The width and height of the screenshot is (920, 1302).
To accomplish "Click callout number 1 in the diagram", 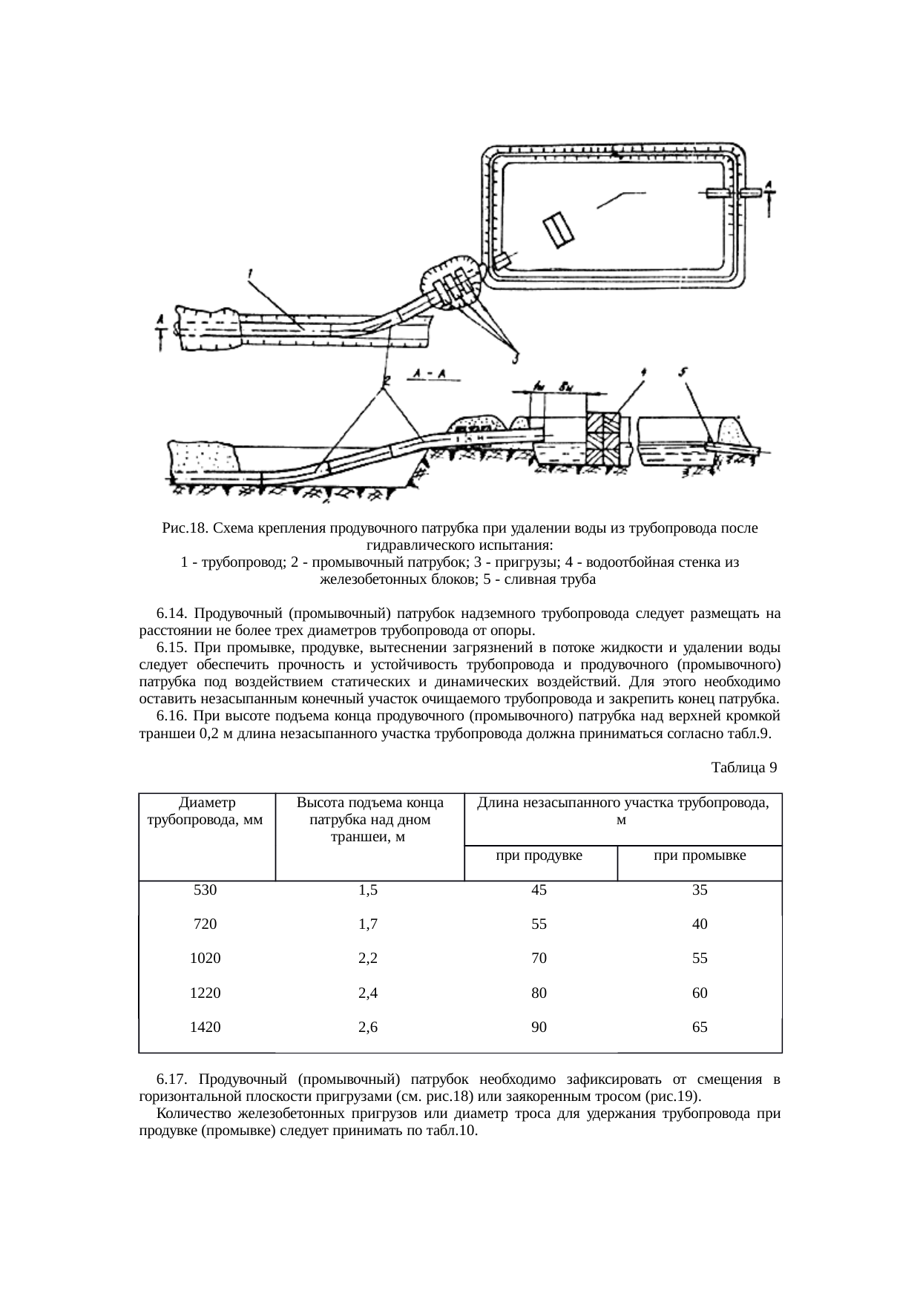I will tap(250, 275).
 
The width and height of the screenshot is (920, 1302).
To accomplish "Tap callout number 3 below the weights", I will tap(514, 358).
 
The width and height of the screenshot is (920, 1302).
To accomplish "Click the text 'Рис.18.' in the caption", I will tap(183, 529).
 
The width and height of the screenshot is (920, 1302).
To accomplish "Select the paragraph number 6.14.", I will tap(169, 614).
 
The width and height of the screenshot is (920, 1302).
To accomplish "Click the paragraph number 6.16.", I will tap(169, 717).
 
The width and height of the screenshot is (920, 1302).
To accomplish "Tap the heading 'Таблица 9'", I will tap(743, 767).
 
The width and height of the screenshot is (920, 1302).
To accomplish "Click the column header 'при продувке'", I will tap(539, 855).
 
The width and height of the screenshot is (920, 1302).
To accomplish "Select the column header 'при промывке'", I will tap(699, 855).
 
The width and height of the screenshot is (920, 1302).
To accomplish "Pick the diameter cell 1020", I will tap(206, 959).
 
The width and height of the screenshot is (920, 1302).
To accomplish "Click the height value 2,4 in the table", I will tap(368, 993).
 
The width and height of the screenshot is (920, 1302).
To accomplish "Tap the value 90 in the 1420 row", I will tap(539, 1028).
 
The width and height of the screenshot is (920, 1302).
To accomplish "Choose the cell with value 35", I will tap(700, 890).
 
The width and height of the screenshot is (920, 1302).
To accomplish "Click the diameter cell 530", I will tap(206, 890).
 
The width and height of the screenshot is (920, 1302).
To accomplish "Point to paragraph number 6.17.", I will tap(171, 1077).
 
